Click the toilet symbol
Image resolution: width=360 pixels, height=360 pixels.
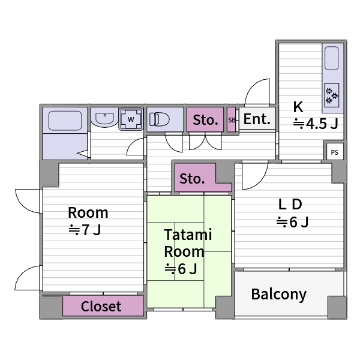(x=160, y=119)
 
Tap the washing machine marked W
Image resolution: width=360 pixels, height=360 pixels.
(x=131, y=119)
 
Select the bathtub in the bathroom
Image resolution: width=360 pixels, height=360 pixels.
(x=65, y=121)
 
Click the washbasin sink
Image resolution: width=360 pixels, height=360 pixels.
(x=104, y=118)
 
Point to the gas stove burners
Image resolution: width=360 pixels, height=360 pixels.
(x=332, y=95)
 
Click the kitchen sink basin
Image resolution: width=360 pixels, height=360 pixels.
(x=332, y=58)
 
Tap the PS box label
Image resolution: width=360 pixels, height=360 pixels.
(x=335, y=152)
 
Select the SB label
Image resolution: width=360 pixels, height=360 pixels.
(x=232, y=120)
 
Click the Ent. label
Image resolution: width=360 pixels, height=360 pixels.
(x=257, y=119)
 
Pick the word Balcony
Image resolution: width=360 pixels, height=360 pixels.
(x=279, y=294)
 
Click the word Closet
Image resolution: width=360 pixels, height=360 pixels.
(x=101, y=306)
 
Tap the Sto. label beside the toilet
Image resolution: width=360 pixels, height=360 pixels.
(x=205, y=120)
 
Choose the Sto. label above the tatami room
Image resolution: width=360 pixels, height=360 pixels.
(x=192, y=179)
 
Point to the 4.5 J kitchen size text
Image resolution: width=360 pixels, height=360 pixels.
(x=316, y=124)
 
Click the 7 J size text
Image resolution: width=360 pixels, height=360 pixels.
(x=85, y=230)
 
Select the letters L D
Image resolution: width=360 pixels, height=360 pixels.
(x=290, y=205)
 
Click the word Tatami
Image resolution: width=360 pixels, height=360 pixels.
(x=188, y=235)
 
